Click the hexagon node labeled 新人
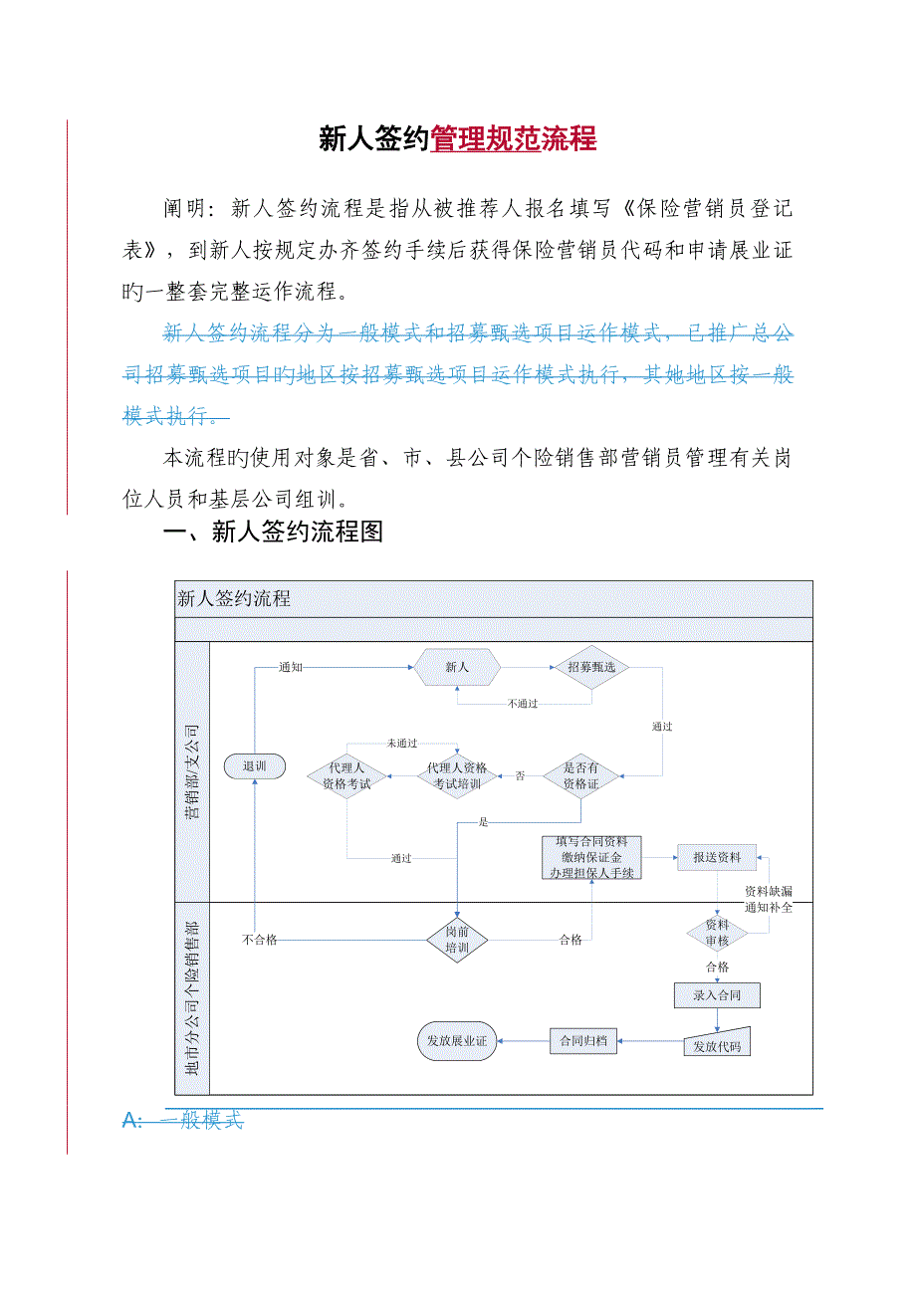click(x=457, y=667)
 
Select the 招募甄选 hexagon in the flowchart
click(x=591, y=667)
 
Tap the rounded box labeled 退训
click(x=255, y=766)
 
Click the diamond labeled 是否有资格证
click(x=581, y=775)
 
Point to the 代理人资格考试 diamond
click(x=346, y=776)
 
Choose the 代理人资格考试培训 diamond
click(x=457, y=775)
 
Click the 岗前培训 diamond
click(x=457, y=939)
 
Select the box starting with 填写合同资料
click(x=592, y=857)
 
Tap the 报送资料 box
click(x=717, y=857)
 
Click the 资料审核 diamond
click(x=717, y=932)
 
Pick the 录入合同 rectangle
click(x=717, y=994)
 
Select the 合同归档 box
click(x=583, y=1041)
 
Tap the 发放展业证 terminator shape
click(x=457, y=1041)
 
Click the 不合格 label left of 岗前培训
click(x=260, y=939)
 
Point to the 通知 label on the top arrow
click(x=291, y=667)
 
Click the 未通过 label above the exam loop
click(x=402, y=744)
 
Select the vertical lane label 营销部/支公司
click(x=192, y=772)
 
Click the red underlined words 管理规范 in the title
click(x=485, y=139)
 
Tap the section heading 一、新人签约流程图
click(x=273, y=533)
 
